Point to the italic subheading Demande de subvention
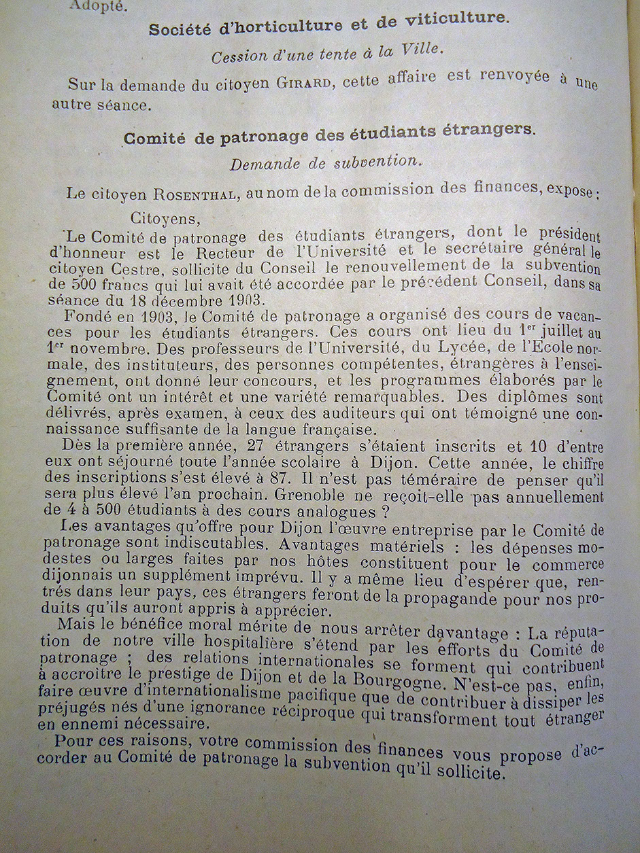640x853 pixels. (324, 162)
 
